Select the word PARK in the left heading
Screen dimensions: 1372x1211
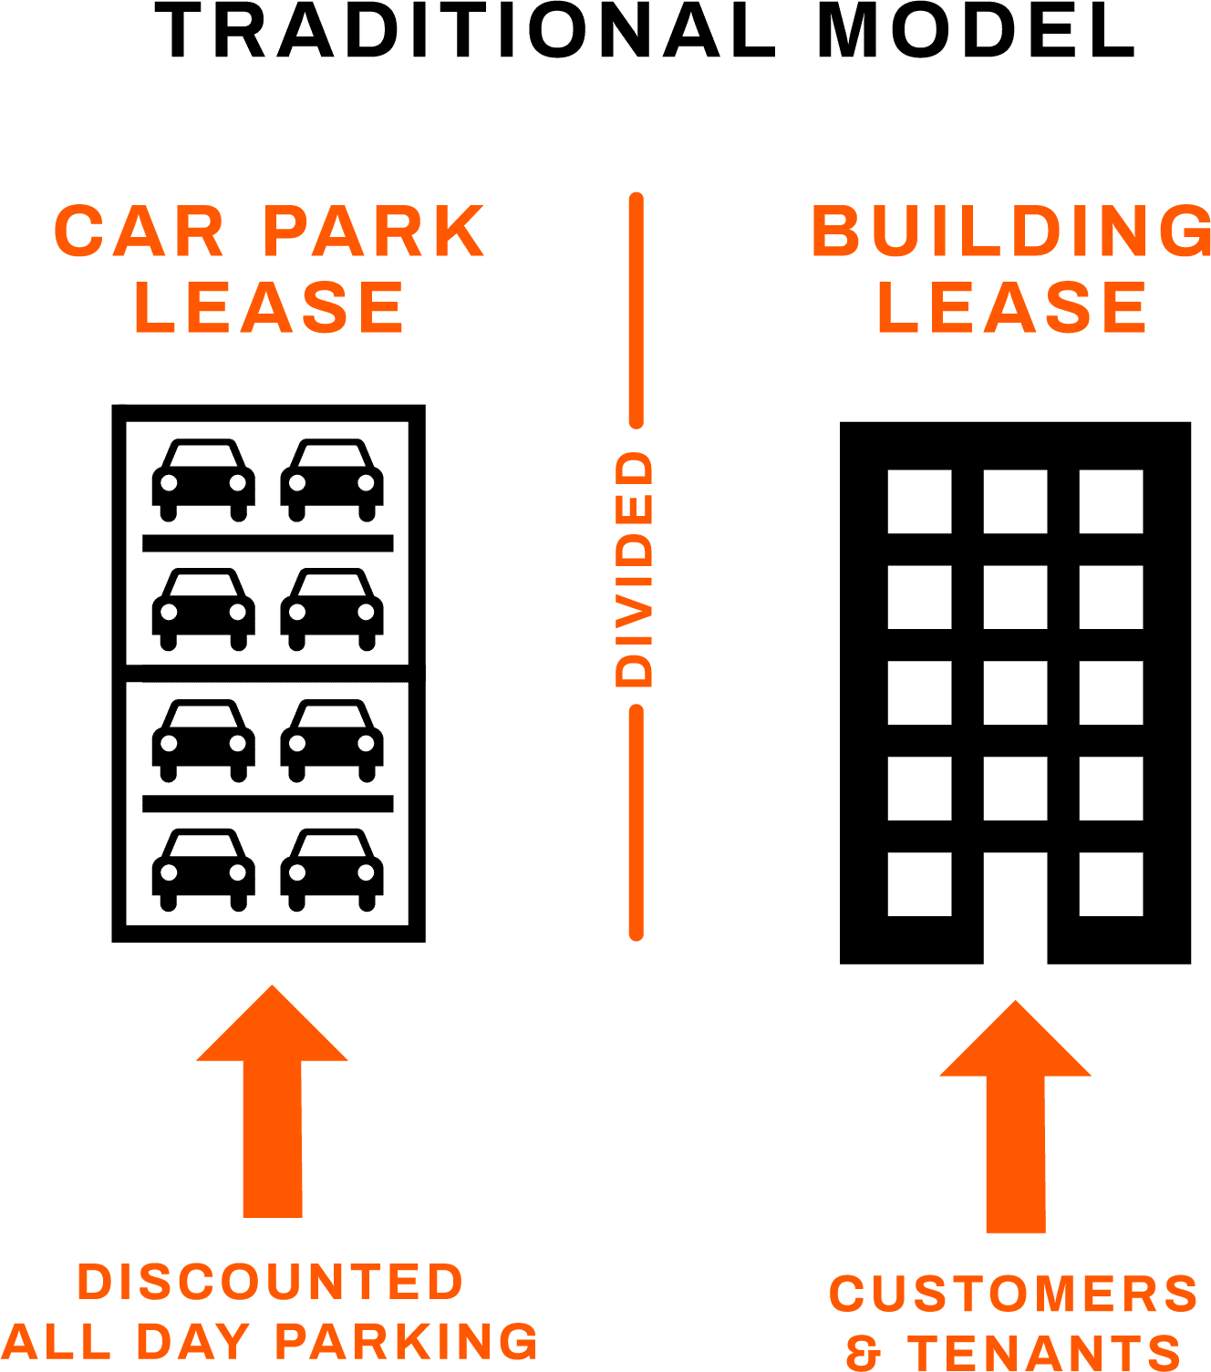[x=375, y=232]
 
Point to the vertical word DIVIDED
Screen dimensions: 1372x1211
[x=636, y=570]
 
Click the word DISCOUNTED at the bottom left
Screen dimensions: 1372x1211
[x=271, y=1282]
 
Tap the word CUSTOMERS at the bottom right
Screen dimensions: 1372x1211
[x=1014, y=1294]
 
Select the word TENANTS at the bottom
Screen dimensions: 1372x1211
[x=1044, y=1352]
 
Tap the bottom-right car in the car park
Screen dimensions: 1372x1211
[x=332, y=870]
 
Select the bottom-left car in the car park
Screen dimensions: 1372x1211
[x=203, y=870]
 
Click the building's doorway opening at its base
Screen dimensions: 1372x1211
[x=1015, y=912]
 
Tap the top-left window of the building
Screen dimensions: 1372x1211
[x=919, y=501]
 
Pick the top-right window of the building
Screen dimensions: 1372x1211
[x=1111, y=501]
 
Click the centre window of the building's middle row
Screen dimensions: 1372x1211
[x=1015, y=693]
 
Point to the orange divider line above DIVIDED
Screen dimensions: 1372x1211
[x=636, y=310]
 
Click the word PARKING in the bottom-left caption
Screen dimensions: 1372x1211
[x=407, y=1341]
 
